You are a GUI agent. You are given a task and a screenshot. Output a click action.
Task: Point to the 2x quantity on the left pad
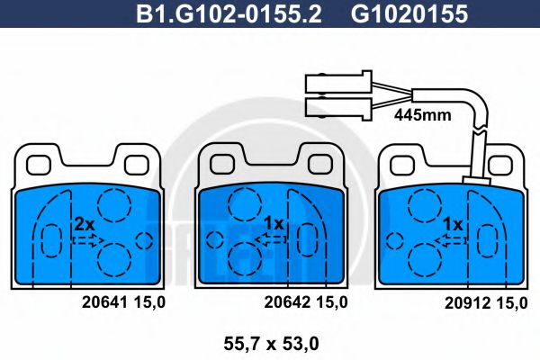tap(85, 222)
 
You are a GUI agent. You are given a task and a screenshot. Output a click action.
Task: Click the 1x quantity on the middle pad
tap(274, 222)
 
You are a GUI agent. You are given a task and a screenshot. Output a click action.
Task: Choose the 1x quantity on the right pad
tap(453, 222)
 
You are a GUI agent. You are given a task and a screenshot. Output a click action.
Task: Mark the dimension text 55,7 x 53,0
tap(270, 341)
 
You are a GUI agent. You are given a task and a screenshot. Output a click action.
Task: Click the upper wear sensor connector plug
tap(338, 83)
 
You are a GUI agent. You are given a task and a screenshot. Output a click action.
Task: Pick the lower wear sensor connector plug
tap(338, 109)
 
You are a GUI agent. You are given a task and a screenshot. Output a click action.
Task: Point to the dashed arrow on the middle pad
tap(270, 238)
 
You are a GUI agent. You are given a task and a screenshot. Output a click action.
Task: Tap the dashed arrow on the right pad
tap(450, 238)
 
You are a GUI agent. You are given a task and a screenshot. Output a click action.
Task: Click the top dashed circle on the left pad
tap(114, 206)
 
